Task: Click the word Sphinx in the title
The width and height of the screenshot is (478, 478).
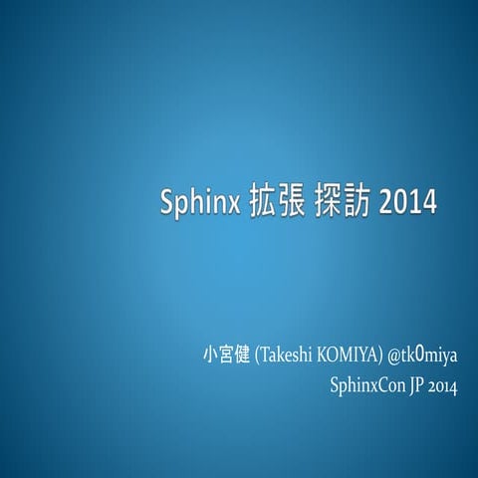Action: (x=196, y=202)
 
